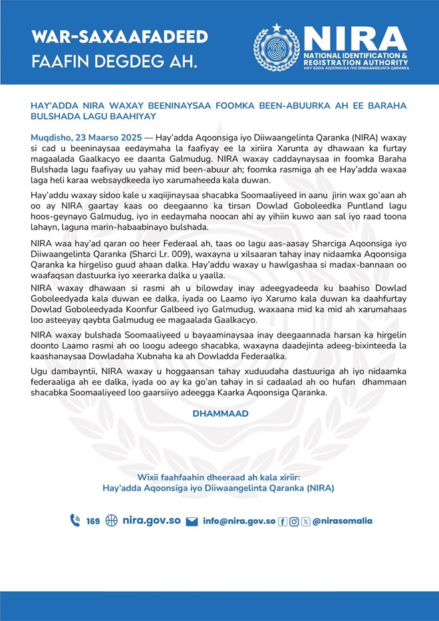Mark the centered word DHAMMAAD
click(x=220, y=414)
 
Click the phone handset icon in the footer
click(x=75, y=520)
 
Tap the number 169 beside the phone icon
click(x=93, y=521)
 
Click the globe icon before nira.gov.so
click(x=111, y=520)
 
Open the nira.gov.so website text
click(x=152, y=520)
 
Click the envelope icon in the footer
click(x=192, y=521)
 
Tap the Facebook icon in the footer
click(x=283, y=521)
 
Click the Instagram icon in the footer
click(x=294, y=521)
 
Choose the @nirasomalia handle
click(x=343, y=521)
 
